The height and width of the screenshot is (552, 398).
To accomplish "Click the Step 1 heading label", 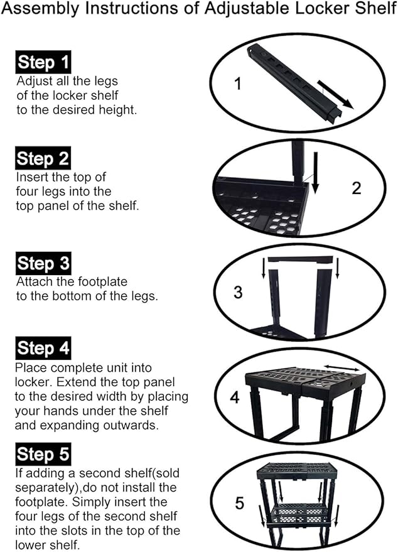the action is pos(43,62).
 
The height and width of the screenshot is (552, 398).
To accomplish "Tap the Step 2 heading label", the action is pos(43,158).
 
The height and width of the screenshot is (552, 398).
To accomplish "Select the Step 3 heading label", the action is pos(43,263).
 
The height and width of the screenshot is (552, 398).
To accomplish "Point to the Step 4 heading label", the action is pos(43,348).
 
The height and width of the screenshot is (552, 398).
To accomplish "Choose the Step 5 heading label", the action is pos(43,454).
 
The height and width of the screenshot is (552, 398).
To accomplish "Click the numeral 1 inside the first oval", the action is pos(238,84).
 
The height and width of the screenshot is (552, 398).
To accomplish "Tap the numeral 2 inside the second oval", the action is pos(356,188).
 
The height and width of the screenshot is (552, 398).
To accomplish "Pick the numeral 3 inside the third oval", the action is pos(239,292).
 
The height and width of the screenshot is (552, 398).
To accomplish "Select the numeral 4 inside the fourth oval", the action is pos(235,398).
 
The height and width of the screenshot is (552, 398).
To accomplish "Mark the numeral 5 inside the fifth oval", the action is pos(240,503).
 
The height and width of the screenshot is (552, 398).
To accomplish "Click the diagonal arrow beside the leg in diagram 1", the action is pos(335,94).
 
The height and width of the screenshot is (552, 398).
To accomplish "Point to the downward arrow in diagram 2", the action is pos(315,173).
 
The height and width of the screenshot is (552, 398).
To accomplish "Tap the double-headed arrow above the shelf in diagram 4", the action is pos(342,368).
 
